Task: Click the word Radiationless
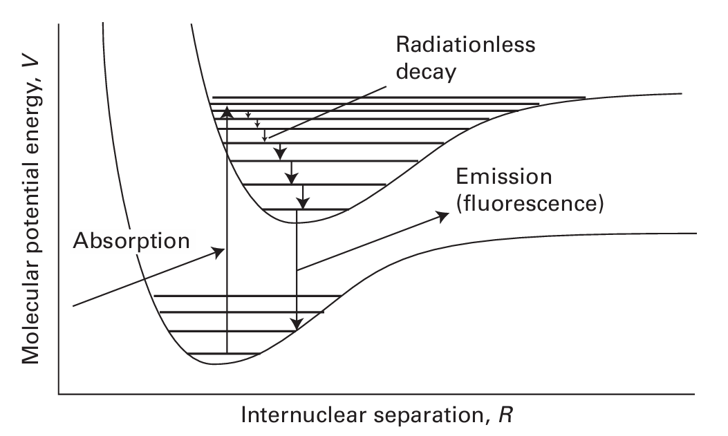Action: tap(465, 45)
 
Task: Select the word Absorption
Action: tap(131, 242)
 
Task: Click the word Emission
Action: tap(503, 178)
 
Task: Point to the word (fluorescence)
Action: tap(530, 205)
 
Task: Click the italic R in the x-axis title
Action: tap(508, 416)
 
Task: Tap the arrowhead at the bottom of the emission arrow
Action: tap(297, 323)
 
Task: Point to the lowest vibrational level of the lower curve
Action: tap(223, 354)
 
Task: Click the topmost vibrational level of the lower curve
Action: tap(247, 296)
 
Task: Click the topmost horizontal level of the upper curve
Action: tap(398, 97)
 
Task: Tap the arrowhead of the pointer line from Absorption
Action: tap(220, 251)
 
